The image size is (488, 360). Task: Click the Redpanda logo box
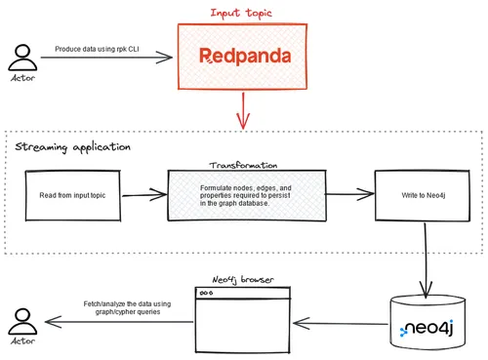pyautogui.click(x=239, y=58)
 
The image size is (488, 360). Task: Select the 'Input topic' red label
pyautogui.click(x=239, y=13)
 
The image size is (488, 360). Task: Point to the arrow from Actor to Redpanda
pyautogui.click(x=107, y=60)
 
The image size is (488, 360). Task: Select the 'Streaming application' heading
pyautogui.click(x=72, y=147)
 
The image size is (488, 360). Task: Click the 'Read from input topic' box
pyautogui.click(x=74, y=195)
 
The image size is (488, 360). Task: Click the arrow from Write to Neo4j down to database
pyautogui.click(x=426, y=259)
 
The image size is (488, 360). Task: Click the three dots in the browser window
pyautogui.click(x=207, y=293)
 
